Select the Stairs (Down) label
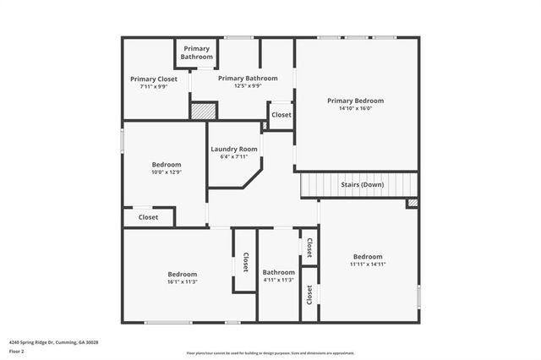pyautogui.click(x=362, y=184)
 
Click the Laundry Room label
pyautogui.click(x=234, y=149)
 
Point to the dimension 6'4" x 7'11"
pyautogui.click(x=234, y=156)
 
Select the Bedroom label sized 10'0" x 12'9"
pyautogui.click(x=166, y=164)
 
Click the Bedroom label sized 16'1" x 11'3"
pyautogui.click(x=182, y=274)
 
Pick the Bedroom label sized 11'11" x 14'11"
pyautogui.click(x=368, y=256)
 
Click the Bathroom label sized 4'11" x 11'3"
pyautogui.click(x=278, y=272)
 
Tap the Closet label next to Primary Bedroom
pyautogui.click(x=281, y=115)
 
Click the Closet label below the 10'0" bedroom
pyautogui.click(x=148, y=217)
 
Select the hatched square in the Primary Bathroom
pyautogui.click(x=203, y=110)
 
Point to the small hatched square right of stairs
pyautogui.click(x=412, y=203)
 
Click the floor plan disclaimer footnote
pyautogui.click(x=270, y=353)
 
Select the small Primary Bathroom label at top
pyautogui.click(x=197, y=52)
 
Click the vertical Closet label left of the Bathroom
pyautogui.click(x=245, y=263)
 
